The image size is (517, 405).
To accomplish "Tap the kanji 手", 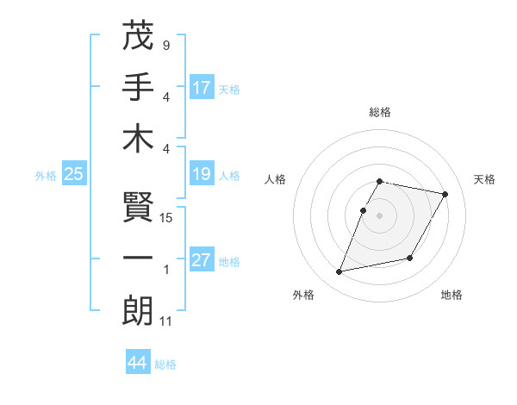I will pyautogui.click(x=138, y=87).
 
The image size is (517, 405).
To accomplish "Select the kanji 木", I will pyautogui.click(x=138, y=139).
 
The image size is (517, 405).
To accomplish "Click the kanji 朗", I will pyautogui.click(x=138, y=312).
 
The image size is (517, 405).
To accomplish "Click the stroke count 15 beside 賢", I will pyautogui.click(x=166, y=218).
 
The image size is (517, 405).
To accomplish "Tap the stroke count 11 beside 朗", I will pyautogui.click(x=166, y=321).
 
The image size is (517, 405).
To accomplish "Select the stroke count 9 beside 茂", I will pyautogui.click(x=165, y=45).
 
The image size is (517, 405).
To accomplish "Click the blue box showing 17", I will pyautogui.click(x=202, y=87).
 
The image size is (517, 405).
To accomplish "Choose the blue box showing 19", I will pyautogui.click(x=202, y=174).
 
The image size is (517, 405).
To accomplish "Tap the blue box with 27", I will pyautogui.click(x=202, y=260).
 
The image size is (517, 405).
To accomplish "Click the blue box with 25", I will pyautogui.click(x=73, y=174).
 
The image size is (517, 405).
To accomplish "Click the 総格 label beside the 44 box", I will pyautogui.click(x=165, y=364).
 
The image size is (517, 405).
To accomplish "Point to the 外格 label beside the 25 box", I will pyautogui.click(x=46, y=176).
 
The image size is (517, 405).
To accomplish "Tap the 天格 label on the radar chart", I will pyautogui.click(x=485, y=179).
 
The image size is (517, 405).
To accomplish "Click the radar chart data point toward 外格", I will pyautogui.click(x=339, y=272).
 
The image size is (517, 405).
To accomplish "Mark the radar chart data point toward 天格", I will pyautogui.click(x=445, y=195).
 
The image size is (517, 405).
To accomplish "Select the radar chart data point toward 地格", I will pyautogui.click(x=410, y=259).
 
